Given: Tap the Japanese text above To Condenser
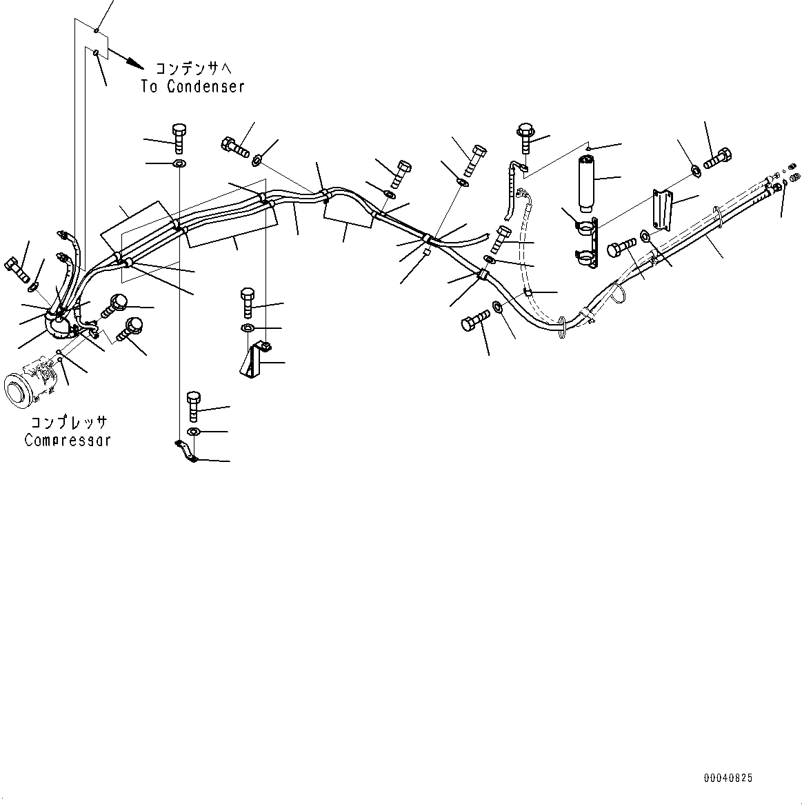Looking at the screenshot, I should (x=190, y=68).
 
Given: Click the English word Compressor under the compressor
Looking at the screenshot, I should (x=68, y=440).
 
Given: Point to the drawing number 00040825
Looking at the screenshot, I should (x=728, y=778).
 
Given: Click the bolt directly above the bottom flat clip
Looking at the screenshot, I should (x=194, y=405).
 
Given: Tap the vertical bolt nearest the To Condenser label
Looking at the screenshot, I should (x=178, y=139).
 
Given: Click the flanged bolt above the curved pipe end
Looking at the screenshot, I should (x=526, y=137).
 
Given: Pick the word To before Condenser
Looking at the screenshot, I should (x=150, y=87).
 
